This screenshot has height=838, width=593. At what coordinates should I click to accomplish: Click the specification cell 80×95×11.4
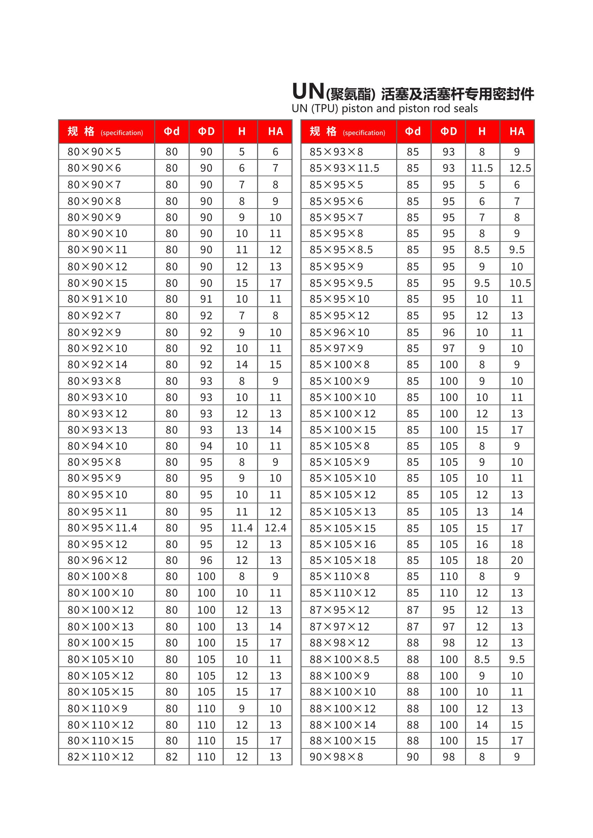tap(102, 528)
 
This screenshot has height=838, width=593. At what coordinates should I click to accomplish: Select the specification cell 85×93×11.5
tap(344, 168)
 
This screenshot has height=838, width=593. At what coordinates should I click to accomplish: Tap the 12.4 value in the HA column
tap(275, 528)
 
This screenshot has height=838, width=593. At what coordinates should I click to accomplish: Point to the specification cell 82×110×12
tap(100, 757)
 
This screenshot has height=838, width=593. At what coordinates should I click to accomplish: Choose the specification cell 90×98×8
tap(336, 757)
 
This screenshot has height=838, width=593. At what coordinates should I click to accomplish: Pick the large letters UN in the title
tap(308, 91)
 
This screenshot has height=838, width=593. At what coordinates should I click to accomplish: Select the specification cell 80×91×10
tap(98, 299)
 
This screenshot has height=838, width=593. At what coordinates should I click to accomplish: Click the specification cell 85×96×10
tap(340, 332)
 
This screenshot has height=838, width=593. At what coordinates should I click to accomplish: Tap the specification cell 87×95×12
tap(340, 610)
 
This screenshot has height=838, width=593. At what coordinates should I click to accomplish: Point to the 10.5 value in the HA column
tap(520, 283)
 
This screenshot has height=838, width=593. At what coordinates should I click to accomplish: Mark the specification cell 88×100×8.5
tap(344, 659)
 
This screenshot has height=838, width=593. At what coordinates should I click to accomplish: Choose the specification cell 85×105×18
tap(342, 560)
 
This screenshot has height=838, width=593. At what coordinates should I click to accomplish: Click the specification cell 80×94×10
tap(98, 446)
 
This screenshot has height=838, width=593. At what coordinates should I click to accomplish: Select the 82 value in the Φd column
tap(172, 757)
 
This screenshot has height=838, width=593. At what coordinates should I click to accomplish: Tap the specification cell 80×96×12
tap(98, 560)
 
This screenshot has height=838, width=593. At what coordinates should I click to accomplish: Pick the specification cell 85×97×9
tap(336, 348)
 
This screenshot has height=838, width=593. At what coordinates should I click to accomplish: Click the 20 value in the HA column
tap(517, 560)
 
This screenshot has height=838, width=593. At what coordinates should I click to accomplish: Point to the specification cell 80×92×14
tap(98, 364)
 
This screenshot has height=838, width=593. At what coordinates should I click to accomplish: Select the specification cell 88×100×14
tap(342, 724)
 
